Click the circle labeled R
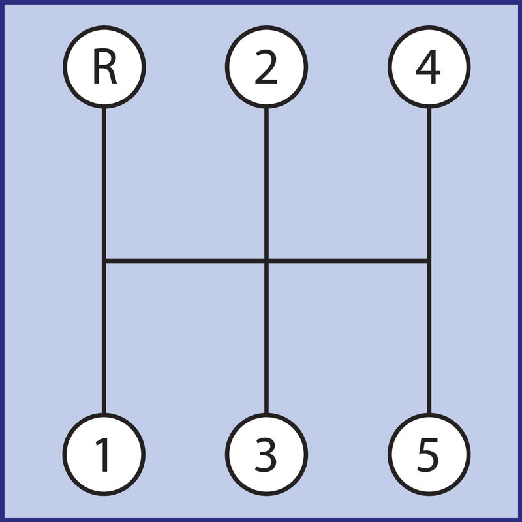point(104,67)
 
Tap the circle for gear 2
point(266,67)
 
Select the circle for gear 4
point(429,67)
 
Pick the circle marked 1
point(104,453)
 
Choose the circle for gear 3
point(266,453)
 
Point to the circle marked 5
point(429,453)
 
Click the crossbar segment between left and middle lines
point(185,262)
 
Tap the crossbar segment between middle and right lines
point(347,262)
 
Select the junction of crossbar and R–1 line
point(104,262)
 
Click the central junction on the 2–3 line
point(266,262)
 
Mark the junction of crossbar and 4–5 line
point(429,262)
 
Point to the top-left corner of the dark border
point(2,2)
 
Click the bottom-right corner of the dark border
point(519,519)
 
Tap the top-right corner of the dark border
point(519,2)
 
